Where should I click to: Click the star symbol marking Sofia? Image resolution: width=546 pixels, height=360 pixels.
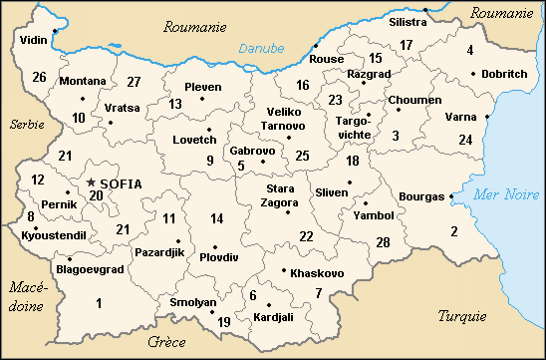(92, 182)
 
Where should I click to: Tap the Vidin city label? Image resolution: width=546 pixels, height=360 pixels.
(33, 41)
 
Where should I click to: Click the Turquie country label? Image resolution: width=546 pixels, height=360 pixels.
(462, 316)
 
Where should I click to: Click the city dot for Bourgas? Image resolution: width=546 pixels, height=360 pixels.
(452, 196)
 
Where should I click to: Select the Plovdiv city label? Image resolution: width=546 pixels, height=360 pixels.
(219, 257)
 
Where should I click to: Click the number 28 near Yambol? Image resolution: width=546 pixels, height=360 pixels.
(383, 242)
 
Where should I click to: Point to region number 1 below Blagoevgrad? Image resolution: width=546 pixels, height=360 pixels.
(98, 303)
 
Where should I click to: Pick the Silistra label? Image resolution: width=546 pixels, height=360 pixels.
(408, 21)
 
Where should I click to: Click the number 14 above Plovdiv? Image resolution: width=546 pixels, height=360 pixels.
(216, 218)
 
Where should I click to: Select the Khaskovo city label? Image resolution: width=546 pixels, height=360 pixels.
(317, 273)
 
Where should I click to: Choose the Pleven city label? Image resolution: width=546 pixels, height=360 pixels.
(203, 87)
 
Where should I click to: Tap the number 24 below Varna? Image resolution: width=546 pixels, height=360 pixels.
(465, 139)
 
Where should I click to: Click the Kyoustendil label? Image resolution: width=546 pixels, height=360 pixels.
(54, 234)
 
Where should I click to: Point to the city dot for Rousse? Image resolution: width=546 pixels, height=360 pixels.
(316, 46)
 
